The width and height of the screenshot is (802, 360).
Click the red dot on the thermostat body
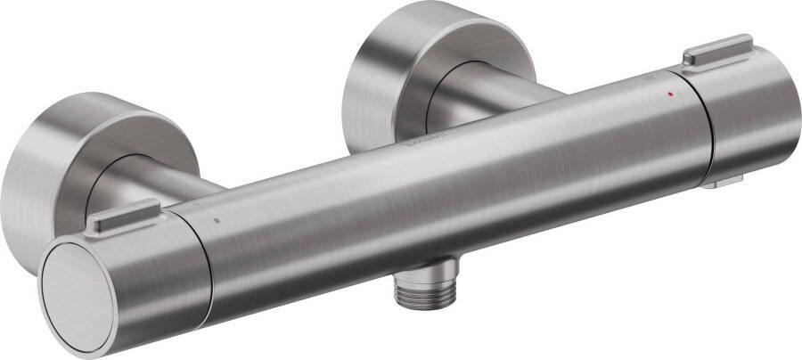[x=670, y=92]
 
